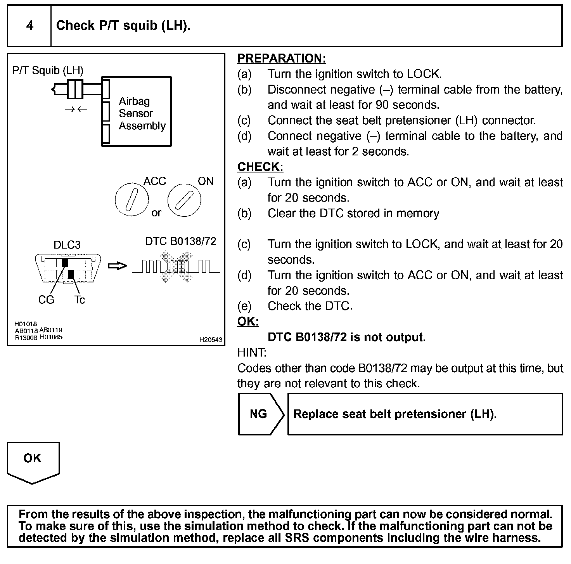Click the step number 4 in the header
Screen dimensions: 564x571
pyautogui.click(x=29, y=26)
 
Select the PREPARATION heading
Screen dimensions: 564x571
pyautogui.click(x=281, y=58)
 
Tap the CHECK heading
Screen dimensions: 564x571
pyautogui.click(x=260, y=167)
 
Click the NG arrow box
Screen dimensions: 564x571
pyautogui.click(x=259, y=414)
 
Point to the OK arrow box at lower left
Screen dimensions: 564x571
pyautogui.click(x=33, y=460)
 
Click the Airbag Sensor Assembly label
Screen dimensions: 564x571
pyautogui.click(x=142, y=113)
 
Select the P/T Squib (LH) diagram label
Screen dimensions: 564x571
pyautogui.click(x=48, y=70)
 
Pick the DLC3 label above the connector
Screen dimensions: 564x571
pyautogui.click(x=67, y=245)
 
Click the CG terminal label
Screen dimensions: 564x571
pyautogui.click(x=46, y=300)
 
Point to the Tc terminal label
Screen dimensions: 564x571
pyautogui.click(x=80, y=300)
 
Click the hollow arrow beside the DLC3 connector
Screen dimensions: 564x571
pyautogui.click(x=117, y=266)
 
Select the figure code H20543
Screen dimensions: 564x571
pyautogui.click(x=211, y=340)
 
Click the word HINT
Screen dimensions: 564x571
pyautogui.click(x=252, y=353)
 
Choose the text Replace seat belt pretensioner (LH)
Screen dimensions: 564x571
pyautogui.click(x=395, y=414)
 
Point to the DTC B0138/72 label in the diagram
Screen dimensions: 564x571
pyautogui.click(x=180, y=241)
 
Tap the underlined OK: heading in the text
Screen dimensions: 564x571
pyautogui.click(x=248, y=322)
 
